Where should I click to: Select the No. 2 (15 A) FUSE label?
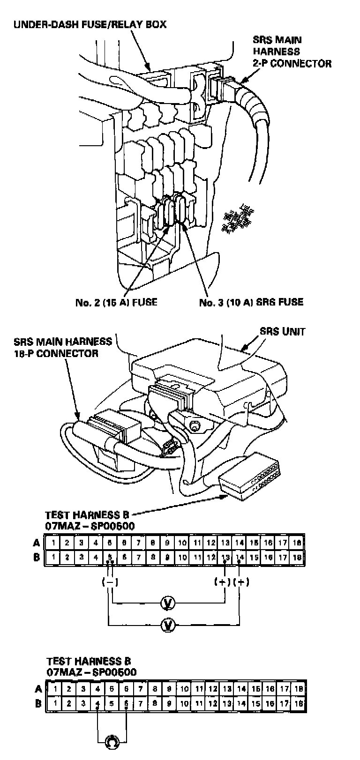116,302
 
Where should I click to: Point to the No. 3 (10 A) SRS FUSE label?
251,302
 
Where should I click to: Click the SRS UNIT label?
282,332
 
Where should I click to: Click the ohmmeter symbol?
112,741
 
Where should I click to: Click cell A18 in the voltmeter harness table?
297,543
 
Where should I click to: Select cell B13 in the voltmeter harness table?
225,558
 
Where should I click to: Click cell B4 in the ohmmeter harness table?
97,704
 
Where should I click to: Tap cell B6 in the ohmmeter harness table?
127,704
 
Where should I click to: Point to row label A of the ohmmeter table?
38,689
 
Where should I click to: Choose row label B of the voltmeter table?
37,558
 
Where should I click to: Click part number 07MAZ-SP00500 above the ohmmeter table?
91,672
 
